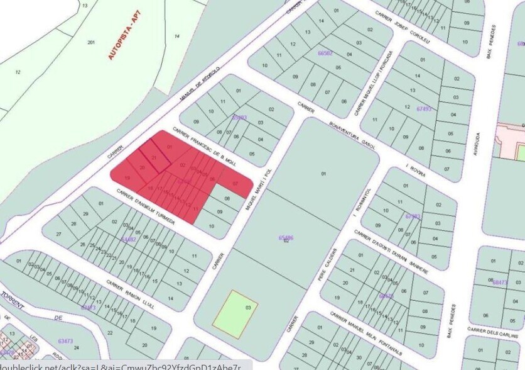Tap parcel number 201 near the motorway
[x=91, y=42]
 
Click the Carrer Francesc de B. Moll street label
[x=207, y=146]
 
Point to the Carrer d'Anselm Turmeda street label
[x=144, y=205]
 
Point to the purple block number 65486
[x=286, y=238]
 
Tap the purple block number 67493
[x=425, y=109]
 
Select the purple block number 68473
[x=501, y=282]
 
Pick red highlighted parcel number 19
[x=127, y=179]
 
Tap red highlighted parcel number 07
[x=235, y=183]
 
